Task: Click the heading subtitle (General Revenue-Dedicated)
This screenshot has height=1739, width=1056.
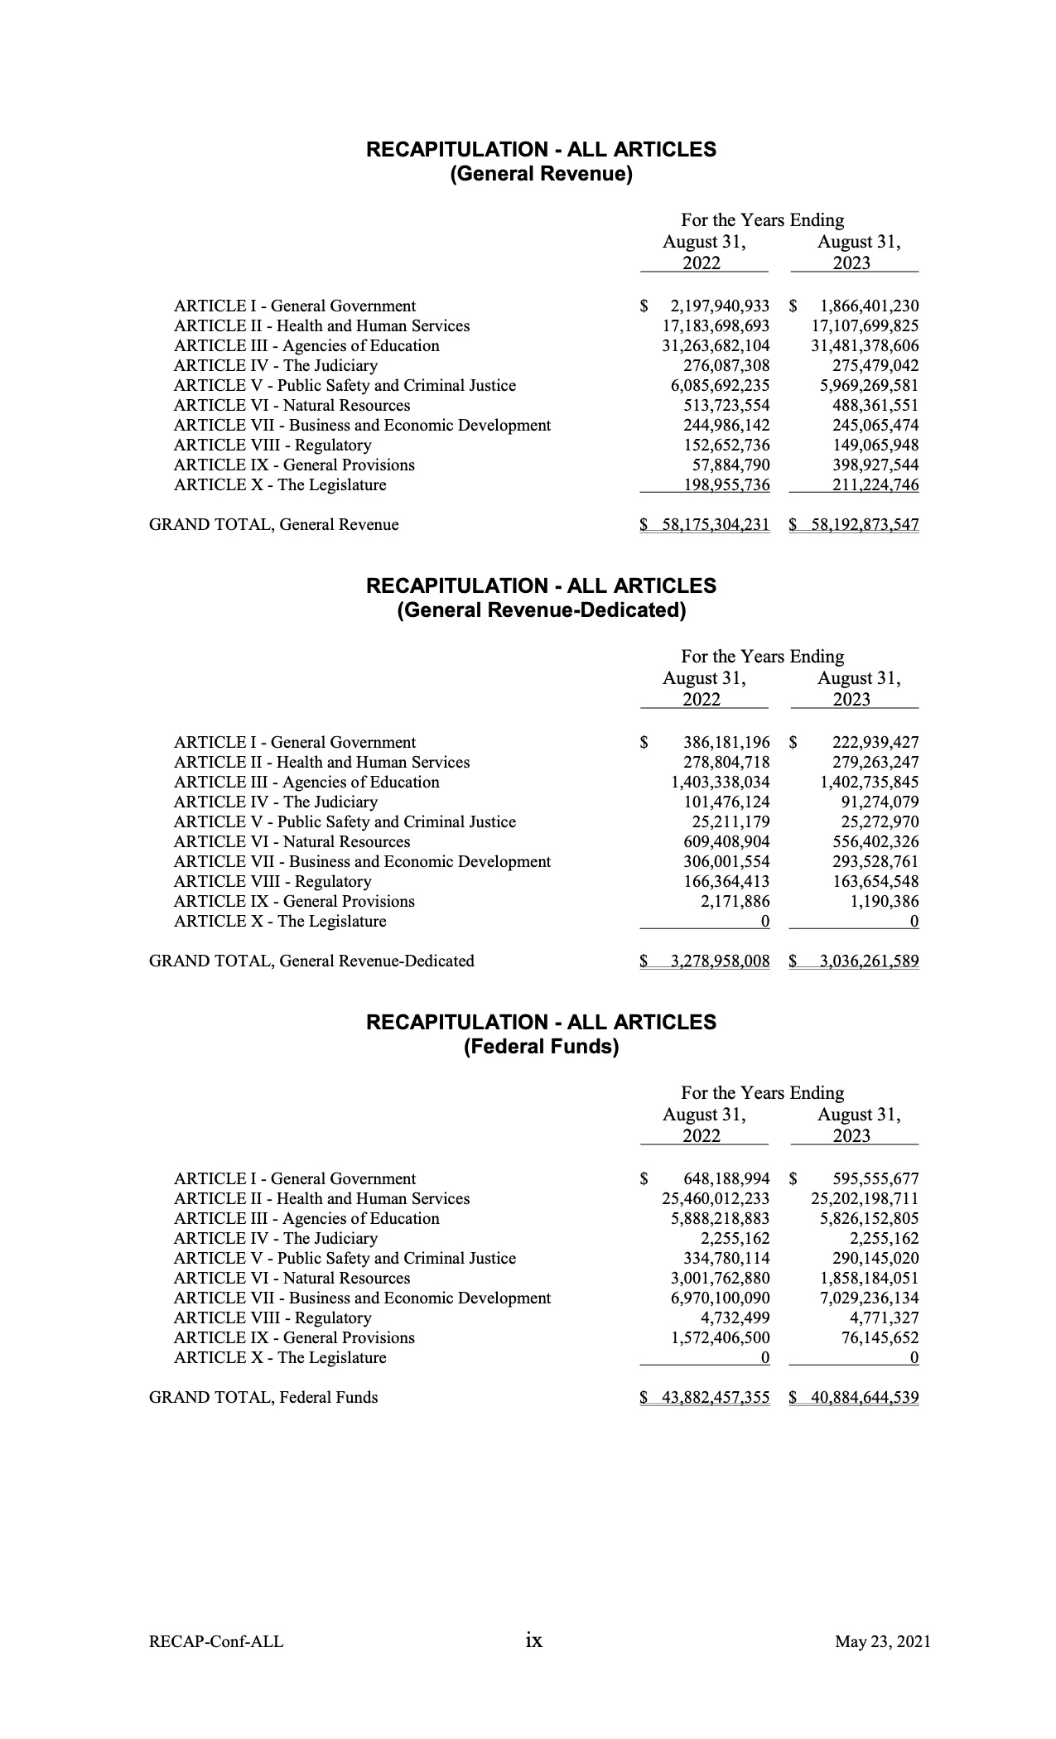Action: pos(541,611)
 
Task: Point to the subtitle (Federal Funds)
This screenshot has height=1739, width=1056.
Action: pos(541,1048)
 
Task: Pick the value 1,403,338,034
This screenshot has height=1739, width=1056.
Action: pos(720,783)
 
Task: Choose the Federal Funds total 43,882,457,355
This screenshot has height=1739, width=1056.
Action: pos(716,1398)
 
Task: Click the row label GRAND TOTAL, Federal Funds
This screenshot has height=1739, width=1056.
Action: pos(263,1398)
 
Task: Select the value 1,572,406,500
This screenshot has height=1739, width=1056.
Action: pos(720,1338)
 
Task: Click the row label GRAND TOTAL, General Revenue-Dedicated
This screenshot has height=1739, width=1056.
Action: pos(311,961)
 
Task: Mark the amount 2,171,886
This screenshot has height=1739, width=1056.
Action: pos(735,902)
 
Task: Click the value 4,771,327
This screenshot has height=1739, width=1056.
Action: pos(885,1318)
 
